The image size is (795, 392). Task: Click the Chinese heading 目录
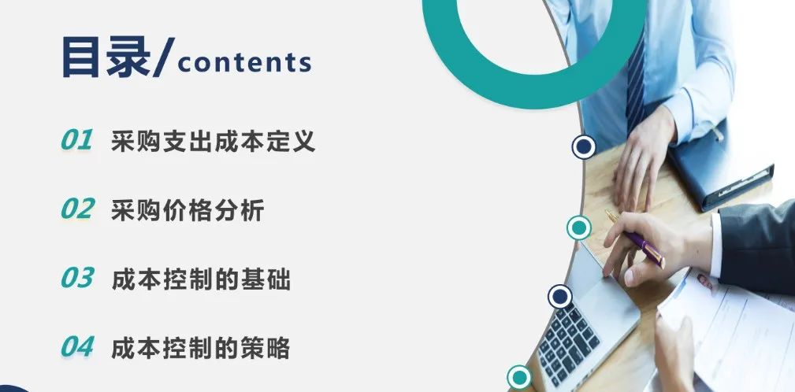point(106,57)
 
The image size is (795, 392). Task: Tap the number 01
point(77,140)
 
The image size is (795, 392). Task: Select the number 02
point(77,209)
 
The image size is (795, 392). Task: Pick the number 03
point(77,278)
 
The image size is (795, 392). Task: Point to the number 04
point(77,346)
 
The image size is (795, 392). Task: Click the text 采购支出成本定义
point(214,141)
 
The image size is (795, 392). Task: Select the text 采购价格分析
point(188,209)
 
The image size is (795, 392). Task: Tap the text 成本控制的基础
point(201,279)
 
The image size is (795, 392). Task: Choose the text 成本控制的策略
point(201,347)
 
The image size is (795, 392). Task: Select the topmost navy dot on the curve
point(584,147)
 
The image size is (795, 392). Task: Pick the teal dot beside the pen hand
point(579,228)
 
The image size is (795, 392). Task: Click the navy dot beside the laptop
point(559,297)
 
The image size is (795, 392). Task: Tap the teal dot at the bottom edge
point(518,377)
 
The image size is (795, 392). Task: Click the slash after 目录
point(163,57)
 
